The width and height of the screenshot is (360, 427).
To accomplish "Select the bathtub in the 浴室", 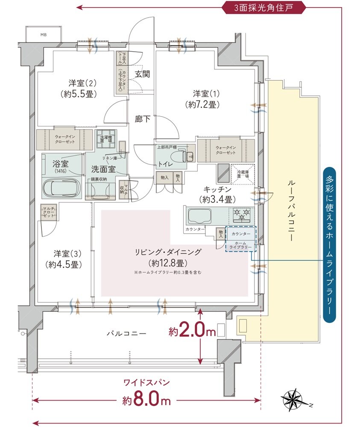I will (x=62, y=188).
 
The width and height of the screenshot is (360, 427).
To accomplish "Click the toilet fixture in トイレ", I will (x=188, y=156).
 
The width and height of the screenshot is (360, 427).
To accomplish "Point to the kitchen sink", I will (x=200, y=216).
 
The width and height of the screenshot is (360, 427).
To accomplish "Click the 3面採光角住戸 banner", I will (x=263, y=7).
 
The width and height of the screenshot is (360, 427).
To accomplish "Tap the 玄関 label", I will (x=142, y=74).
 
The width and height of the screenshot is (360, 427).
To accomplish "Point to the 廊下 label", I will (x=142, y=119).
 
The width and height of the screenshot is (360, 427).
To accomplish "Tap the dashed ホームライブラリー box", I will (x=241, y=240).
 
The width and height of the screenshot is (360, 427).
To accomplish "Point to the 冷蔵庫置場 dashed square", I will (x=243, y=174).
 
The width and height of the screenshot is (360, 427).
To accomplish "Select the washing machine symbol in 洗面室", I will (x=105, y=137).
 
